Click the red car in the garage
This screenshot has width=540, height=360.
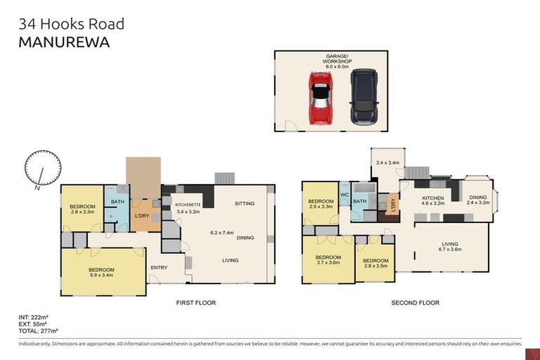[321, 97]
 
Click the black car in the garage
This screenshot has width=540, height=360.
[363, 96]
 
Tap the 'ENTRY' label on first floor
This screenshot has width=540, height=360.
[159, 266]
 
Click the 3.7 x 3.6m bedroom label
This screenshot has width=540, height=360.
[328, 260]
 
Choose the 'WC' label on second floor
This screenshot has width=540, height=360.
[345, 194]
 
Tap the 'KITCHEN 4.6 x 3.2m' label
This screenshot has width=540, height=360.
[432, 201]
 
